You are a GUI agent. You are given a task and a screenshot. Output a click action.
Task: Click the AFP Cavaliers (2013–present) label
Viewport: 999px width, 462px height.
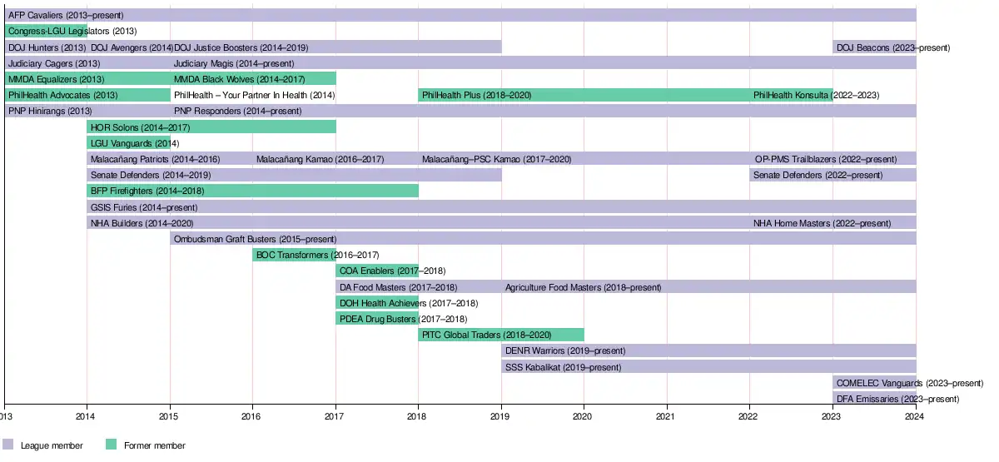(x=66, y=16)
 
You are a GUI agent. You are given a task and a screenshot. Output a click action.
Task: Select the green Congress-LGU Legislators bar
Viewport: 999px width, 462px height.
(x=46, y=32)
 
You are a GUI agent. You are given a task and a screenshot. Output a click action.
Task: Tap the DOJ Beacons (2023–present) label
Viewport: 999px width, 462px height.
(x=892, y=47)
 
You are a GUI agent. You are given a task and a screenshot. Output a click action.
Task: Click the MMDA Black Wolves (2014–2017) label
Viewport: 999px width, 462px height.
(x=239, y=79)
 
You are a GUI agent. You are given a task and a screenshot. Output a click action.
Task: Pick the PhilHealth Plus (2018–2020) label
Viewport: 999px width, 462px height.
(x=476, y=96)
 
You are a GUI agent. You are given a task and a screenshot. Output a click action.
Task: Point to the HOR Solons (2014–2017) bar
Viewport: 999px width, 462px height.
(x=211, y=127)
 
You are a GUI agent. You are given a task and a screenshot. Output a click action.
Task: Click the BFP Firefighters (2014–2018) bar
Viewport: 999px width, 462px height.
(x=252, y=191)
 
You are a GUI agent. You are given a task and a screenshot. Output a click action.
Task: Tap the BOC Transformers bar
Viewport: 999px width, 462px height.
(x=294, y=255)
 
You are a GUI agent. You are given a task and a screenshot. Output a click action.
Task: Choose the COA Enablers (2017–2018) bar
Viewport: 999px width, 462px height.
(x=376, y=271)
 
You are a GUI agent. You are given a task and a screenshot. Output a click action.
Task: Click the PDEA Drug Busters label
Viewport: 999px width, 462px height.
(x=403, y=319)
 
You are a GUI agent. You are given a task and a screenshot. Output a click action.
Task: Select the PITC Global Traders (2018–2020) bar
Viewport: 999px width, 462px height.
(x=500, y=335)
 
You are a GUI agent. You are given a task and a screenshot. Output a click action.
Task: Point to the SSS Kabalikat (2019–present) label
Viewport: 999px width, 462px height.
(x=563, y=367)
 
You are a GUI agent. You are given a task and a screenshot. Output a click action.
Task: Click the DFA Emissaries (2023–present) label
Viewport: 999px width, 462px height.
(x=892, y=399)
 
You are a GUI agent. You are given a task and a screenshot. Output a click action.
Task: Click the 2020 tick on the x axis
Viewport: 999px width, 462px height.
(x=584, y=415)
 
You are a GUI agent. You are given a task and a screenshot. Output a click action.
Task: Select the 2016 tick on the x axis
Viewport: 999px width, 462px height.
(x=252, y=415)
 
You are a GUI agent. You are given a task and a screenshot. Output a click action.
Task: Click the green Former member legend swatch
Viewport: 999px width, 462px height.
(x=111, y=445)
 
